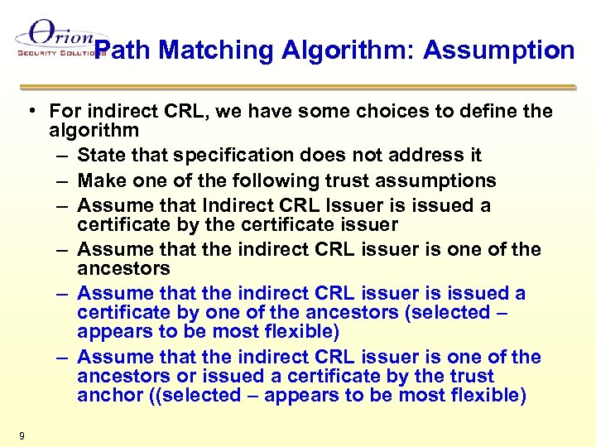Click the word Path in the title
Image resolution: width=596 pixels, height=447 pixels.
point(128,50)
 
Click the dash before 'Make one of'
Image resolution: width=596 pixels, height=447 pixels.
point(64,180)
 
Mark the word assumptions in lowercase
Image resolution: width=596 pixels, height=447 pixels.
point(442,180)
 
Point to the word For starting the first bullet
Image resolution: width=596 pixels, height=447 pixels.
point(65,111)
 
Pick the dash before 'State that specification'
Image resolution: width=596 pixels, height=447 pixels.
point(64,155)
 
